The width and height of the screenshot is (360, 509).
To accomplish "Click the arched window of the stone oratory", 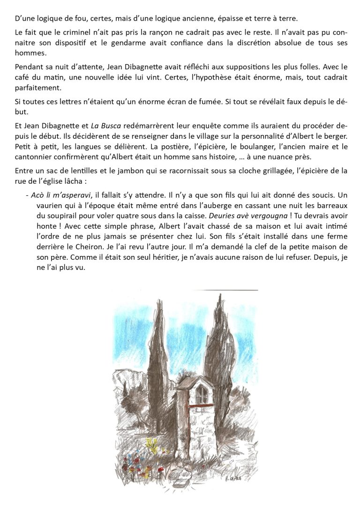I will point(201,394).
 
